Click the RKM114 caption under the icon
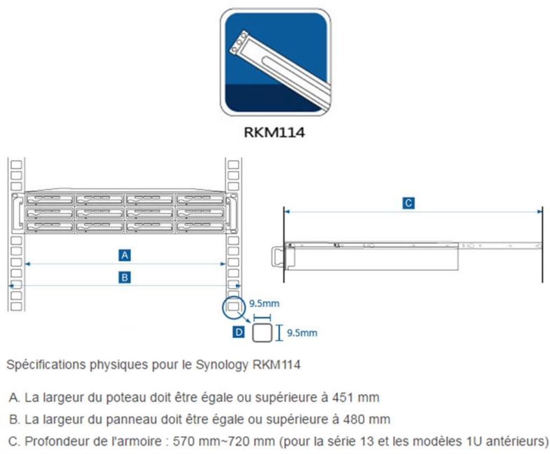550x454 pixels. [x=274, y=133]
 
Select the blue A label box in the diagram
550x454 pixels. [x=125, y=255]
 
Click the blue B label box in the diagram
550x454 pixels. [x=125, y=277]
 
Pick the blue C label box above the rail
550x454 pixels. [x=409, y=203]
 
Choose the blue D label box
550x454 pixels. [x=239, y=333]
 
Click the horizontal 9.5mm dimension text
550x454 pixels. [x=264, y=304]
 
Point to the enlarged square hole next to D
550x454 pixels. [x=262, y=333]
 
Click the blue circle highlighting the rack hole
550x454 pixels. [x=233, y=306]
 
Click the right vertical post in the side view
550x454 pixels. [x=542, y=244]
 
